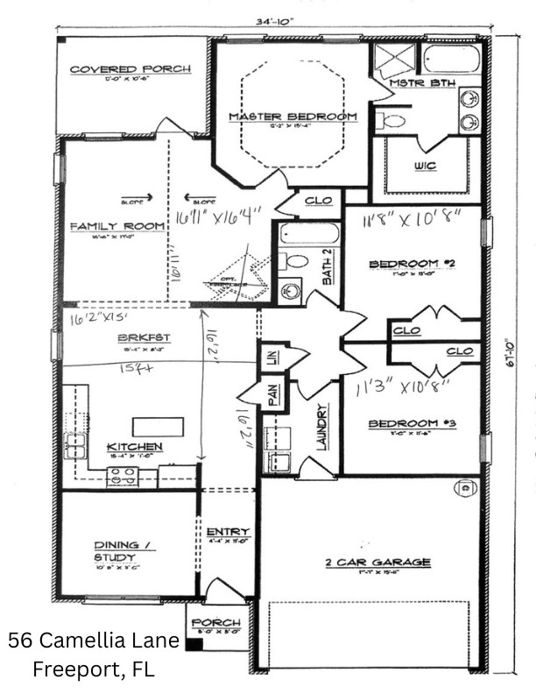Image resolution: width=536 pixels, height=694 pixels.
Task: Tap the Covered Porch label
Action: coord(117,70)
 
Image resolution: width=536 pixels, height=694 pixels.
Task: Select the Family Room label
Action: coord(117,227)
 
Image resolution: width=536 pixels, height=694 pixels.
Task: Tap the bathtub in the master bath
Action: coord(451,60)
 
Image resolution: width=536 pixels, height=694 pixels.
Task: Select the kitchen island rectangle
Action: coord(159,427)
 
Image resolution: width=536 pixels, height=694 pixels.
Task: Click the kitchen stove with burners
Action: coord(122,477)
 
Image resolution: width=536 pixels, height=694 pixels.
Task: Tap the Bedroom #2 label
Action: coord(411,264)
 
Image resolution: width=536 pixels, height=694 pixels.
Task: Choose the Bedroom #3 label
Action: coord(410,424)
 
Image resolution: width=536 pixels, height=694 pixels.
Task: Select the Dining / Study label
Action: coord(115,551)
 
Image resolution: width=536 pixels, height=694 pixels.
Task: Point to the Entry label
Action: coord(228,532)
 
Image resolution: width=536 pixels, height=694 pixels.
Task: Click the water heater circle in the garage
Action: coord(465,488)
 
